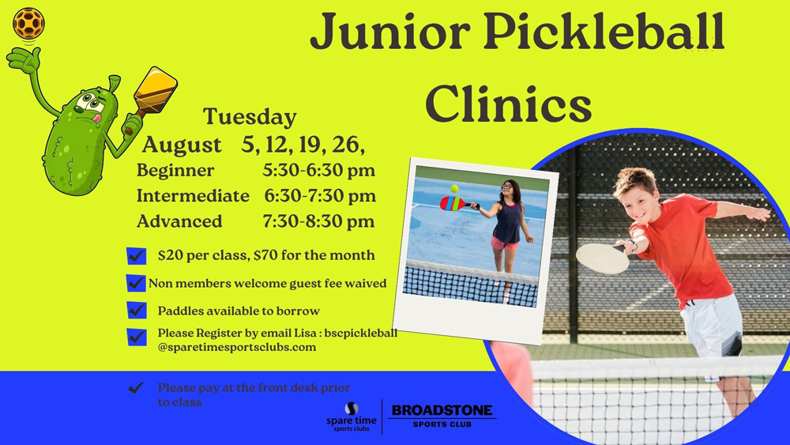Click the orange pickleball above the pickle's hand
tap(28, 23)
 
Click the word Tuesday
tap(250, 117)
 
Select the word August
tap(182, 145)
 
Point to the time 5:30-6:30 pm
tap(318, 171)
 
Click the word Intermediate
tap(193, 195)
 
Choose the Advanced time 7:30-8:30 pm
tap(318, 221)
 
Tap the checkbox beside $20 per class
tap(136, 256)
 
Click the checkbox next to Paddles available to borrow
tap(136, 310)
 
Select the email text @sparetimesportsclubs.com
tap(237, 347)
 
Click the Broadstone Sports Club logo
tap(442, 416)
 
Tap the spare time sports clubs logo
tap(352, 417)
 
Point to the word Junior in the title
tap(390, 32)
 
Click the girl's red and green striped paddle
tap(453, 204)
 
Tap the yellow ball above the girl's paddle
tap(454, 188)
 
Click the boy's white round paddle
tap(603, 258)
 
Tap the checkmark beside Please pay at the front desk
tap(136, 387)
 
